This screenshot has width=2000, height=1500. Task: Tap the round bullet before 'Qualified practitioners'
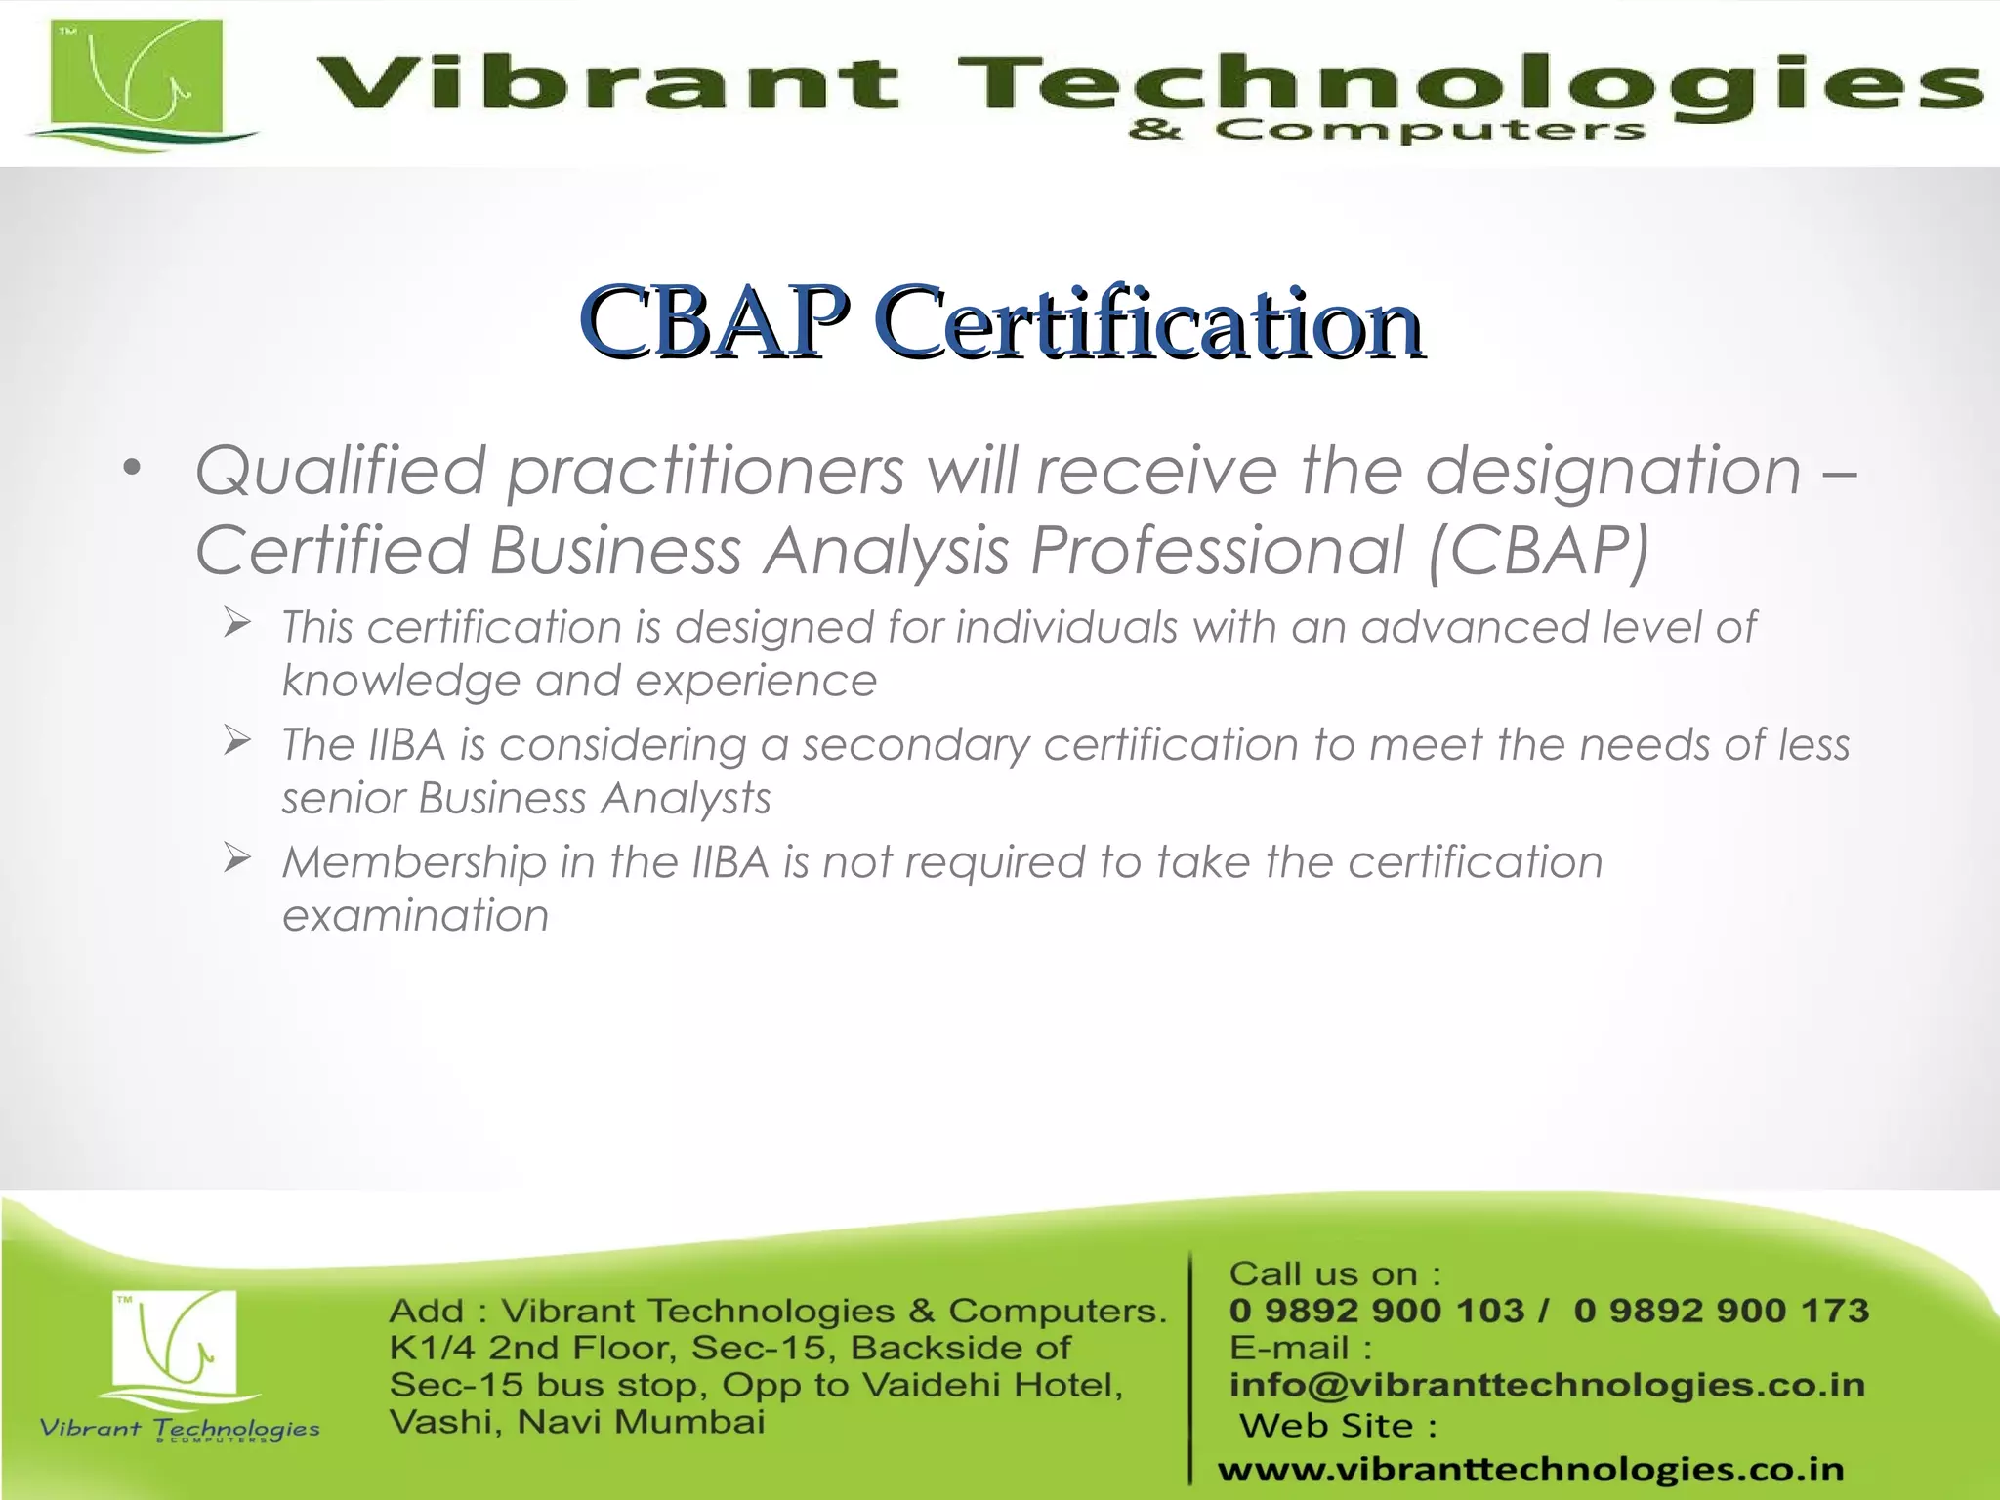(x=132, y=468)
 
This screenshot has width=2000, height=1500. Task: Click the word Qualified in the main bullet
(x=341, y=471)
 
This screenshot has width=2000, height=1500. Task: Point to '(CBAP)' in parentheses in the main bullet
(x=1538, y=551)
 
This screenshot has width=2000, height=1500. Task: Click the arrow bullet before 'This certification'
(x=237, y=622)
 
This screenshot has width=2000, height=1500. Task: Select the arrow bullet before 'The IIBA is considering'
(x=237, y=740)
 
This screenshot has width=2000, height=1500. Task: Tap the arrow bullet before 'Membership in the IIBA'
(x=237, y=857)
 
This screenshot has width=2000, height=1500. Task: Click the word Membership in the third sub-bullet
(x=414, y=862)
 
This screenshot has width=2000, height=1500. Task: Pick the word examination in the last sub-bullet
(x=415, y=916)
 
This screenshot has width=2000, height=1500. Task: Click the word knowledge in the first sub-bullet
(x=400, y=682)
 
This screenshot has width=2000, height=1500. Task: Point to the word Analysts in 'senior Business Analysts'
(x=686, y=799)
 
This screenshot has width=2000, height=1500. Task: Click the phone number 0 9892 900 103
(x=1376, y=1311)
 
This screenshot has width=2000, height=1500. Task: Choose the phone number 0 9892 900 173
(x=1721, y=1311)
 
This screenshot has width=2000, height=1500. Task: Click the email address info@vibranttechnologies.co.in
(x=1547, y=1385)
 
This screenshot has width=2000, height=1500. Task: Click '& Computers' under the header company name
(x=1386, y=130)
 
